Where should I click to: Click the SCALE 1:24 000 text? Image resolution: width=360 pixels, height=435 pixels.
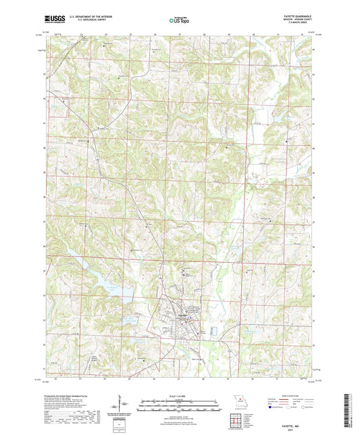click(180, 395)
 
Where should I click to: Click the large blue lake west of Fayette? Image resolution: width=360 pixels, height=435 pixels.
click(108, 284)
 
